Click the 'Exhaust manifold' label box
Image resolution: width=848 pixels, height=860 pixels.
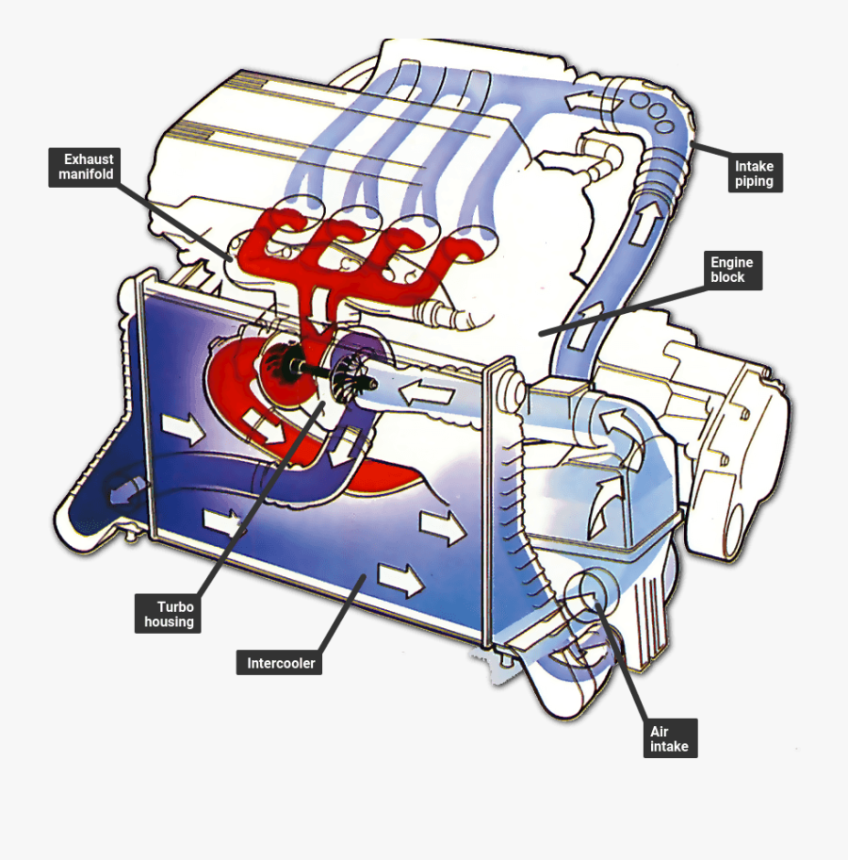(x=85, y=167)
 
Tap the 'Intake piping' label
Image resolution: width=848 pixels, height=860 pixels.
(x=755, y=174)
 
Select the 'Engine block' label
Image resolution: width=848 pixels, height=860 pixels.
(x=727, y=270)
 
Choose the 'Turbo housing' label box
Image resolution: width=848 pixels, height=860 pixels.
(x=169, y=614)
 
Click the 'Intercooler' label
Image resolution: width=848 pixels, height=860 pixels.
(x=281, y=663)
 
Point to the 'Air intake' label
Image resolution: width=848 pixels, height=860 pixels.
(x=669, y=738)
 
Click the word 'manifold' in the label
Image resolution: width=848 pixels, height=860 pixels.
(x=86, y=174)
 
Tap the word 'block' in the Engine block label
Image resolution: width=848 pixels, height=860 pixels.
(x=728, y=277)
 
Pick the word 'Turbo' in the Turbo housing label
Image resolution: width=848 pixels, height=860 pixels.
(x=170, y=606)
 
